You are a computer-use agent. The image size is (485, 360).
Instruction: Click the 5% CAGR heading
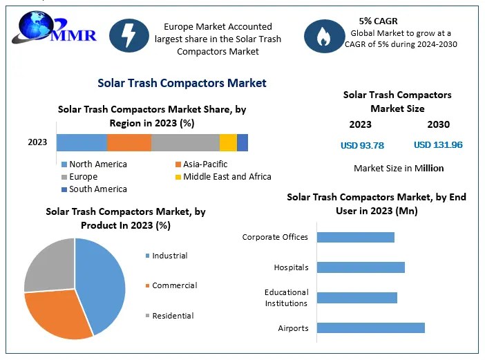pyautogui.click(x=379, y=21)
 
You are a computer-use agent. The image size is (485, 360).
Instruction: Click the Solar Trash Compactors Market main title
pyautogui.click(x=182, y=83)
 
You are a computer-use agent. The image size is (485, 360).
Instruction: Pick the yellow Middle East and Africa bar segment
pyautogui.click(x=228, y=142)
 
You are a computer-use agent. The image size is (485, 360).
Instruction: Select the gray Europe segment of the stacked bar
pyautogui.click(x=185, y=142)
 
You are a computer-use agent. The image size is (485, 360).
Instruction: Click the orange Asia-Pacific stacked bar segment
pyautogui.click(x=129, y=142)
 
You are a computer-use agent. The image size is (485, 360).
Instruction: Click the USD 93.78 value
pyautogui.click(x=362, y=145)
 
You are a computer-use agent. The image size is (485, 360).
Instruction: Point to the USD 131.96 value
pyautogui.click(x=438, y=145)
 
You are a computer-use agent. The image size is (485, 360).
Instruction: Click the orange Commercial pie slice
pyautogui.click(x=59, y=314)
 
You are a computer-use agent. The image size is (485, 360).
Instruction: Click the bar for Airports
pyautogui.click(x=370, y=328)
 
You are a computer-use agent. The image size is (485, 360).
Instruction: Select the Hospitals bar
pyautogui.click(x=361, y=267)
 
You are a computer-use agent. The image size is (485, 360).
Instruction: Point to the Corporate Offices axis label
pyautogui.click(x=275, y=237)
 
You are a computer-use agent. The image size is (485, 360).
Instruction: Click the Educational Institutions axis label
pyautogui.click(x=286, y=298)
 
